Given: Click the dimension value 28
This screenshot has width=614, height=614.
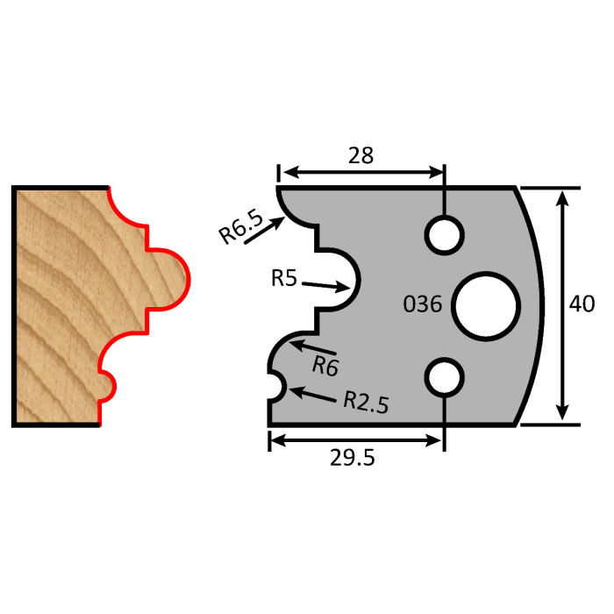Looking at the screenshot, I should tap(361, 156).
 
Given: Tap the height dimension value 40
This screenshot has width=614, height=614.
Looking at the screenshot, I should tap(582, 304).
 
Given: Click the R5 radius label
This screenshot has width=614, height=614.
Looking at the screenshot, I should tap(284, 279).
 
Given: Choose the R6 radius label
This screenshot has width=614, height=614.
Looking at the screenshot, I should tap(325, 368).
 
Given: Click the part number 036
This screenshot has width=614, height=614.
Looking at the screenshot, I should tap(422, 304).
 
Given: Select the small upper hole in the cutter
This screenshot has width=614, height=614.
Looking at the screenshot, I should tap(444, 233).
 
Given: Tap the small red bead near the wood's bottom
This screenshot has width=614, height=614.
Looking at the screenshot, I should tap(109, 384).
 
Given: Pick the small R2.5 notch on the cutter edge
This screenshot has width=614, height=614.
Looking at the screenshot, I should tap(275, 383).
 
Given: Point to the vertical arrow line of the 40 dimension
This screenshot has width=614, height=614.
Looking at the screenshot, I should tap(563, 304).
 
